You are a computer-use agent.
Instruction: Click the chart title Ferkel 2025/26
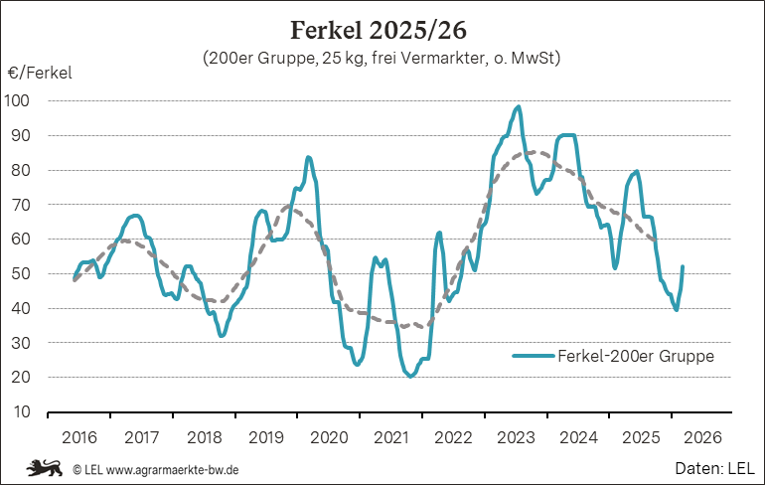[378, 27]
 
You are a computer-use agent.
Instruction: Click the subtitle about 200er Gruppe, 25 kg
[382, 59]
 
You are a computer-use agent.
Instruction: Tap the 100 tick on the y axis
[18, 100]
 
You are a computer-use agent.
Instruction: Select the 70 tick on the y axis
[21, 205]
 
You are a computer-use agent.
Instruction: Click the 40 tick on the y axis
[21, 308]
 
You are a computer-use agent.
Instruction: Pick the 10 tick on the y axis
[21, 411]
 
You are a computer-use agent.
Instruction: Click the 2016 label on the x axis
[79, 437]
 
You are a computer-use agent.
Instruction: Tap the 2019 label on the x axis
[266, 437]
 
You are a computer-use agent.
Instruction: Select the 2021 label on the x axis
[391, 437]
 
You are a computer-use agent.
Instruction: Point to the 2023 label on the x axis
[516, 437]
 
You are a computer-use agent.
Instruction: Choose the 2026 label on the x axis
[702, 437]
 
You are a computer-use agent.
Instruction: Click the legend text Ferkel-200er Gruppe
[636, 356]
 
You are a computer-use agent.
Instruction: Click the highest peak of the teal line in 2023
[519, 107]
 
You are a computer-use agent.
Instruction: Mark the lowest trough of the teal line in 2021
[409, 376]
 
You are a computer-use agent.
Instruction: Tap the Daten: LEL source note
[715, 466]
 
